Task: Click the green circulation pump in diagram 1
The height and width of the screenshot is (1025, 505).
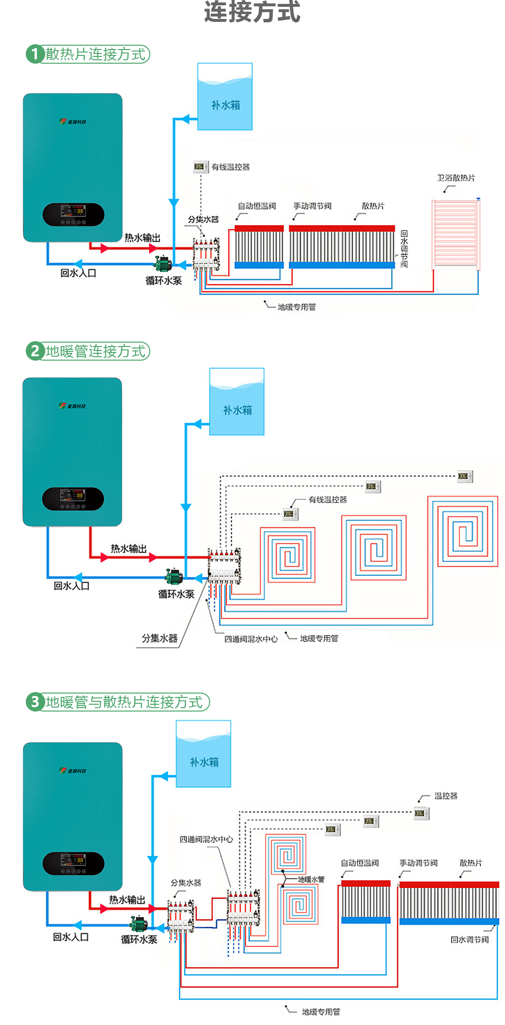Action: tap(163, 264)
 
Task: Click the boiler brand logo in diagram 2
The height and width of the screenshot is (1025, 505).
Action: tap(72, 406)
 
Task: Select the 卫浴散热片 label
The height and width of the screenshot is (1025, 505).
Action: tap(456, 178)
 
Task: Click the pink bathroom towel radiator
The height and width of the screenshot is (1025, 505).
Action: tap(455, 233)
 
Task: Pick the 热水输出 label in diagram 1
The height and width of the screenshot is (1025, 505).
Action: tap(142, 238)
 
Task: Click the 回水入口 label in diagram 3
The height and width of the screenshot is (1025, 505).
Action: tap(71, 937)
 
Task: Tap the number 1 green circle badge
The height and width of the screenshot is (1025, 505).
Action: tap(35, 54)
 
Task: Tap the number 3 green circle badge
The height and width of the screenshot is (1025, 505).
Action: tap(35, 702)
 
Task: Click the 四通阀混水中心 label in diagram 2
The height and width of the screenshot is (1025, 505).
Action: tap(251, 639)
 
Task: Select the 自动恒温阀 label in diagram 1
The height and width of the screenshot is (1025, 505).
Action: tap(257, 206)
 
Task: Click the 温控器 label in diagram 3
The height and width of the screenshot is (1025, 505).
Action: tap(446, 796)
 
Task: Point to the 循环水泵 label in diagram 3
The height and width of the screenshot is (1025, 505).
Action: tap(139, 939)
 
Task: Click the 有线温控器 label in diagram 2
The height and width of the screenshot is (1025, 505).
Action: tap(327, 500)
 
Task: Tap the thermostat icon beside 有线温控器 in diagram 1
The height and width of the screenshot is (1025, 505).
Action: tap(199, 167)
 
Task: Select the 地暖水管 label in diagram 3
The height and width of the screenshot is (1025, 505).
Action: tap(311, 879)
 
